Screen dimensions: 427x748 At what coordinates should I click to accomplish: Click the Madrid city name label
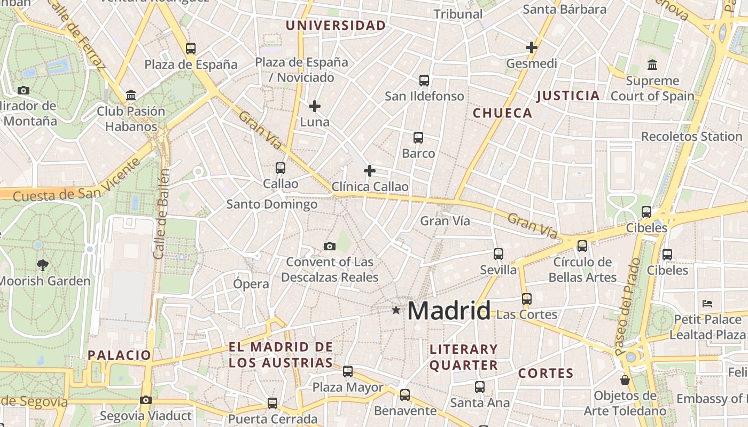449,311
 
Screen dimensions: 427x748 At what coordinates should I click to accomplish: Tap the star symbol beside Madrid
396,310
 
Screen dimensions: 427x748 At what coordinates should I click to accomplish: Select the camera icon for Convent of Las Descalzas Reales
330,246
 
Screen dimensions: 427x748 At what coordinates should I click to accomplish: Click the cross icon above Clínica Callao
369,171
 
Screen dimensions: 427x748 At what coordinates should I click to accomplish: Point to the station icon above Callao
280,168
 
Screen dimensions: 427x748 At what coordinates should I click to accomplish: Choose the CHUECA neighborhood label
502,113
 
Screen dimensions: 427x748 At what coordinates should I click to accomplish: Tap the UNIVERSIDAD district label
336,26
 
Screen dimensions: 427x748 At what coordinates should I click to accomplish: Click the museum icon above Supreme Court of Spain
652,65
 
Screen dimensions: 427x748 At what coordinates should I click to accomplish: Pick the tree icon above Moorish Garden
42,265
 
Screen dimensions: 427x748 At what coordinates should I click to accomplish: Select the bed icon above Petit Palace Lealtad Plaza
707,304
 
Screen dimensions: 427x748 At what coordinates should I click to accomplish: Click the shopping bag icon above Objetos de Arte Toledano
625,380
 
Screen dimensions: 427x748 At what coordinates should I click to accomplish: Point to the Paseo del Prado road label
627,307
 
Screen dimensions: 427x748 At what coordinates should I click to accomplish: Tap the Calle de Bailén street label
161,213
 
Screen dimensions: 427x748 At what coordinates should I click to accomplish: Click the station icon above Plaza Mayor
348,371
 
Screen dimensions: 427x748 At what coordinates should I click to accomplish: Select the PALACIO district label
120,355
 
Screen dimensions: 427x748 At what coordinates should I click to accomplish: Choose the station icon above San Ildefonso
424,81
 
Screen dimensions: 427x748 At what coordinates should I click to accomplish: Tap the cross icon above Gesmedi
531,48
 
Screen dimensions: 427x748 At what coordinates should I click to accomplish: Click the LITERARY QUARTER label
464,357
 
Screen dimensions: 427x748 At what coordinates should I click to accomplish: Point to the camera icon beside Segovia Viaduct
145,400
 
